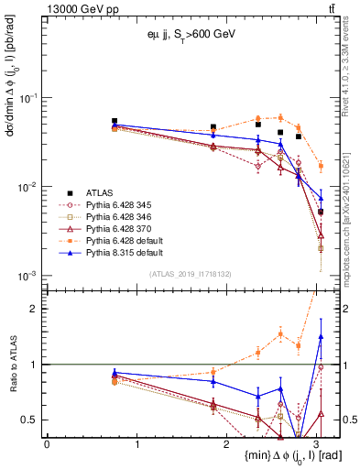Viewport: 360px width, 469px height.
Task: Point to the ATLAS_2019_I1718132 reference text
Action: (x=191, y=274)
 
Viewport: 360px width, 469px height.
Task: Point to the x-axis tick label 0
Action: (x=47, y=443)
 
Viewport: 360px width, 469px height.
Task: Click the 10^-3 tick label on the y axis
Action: (x=27, y=276)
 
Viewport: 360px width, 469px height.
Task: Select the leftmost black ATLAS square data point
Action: (x=115, y=121)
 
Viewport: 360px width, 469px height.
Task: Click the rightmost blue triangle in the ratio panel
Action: (x=321, y=336)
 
